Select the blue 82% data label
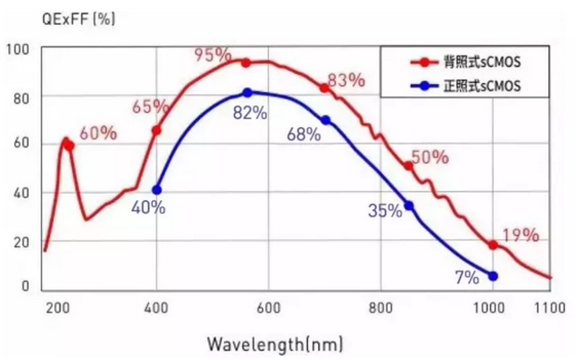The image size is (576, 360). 250,113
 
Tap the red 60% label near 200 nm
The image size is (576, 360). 98,134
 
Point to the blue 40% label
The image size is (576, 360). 148,207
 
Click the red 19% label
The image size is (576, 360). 521,236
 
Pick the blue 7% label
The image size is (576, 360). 467,278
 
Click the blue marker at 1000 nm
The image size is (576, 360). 493,276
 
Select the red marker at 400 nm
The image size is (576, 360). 157,130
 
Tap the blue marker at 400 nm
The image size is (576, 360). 157,189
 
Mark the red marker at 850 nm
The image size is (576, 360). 409,166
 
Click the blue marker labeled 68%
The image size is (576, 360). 325,121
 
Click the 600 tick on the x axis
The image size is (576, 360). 269,306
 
